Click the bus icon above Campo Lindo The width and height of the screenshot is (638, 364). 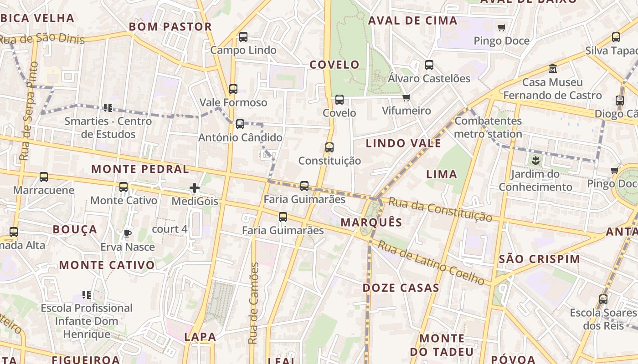(x=243, y=37)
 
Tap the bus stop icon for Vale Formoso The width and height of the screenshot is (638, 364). (x=233, y=89)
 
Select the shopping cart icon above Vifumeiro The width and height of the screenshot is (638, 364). (x=406, y=97)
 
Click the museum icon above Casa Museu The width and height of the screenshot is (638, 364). (x=553, y=69)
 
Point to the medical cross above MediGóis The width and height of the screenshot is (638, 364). (x=195, y=188)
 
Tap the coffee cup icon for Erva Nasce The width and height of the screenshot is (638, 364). (x=128, y=234)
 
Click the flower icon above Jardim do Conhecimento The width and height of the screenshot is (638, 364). (x=535, y=160)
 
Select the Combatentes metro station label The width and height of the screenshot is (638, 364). (x=488, y=127)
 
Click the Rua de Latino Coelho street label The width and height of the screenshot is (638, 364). (x=431, y=263)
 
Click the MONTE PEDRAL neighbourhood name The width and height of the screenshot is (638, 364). (x=140, y=169)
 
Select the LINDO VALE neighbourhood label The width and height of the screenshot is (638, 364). (x=403, y=143)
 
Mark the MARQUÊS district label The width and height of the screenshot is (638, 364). (x=371, y=222)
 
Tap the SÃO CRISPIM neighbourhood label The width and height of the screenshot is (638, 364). (x=540, y=259)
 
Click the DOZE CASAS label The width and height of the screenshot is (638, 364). (x=401, y=288)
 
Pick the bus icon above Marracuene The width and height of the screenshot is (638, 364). (x=44, y=177)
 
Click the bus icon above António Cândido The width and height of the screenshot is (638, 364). (x=240, y=124)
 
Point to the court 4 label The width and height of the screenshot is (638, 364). (x=170, y=229)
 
